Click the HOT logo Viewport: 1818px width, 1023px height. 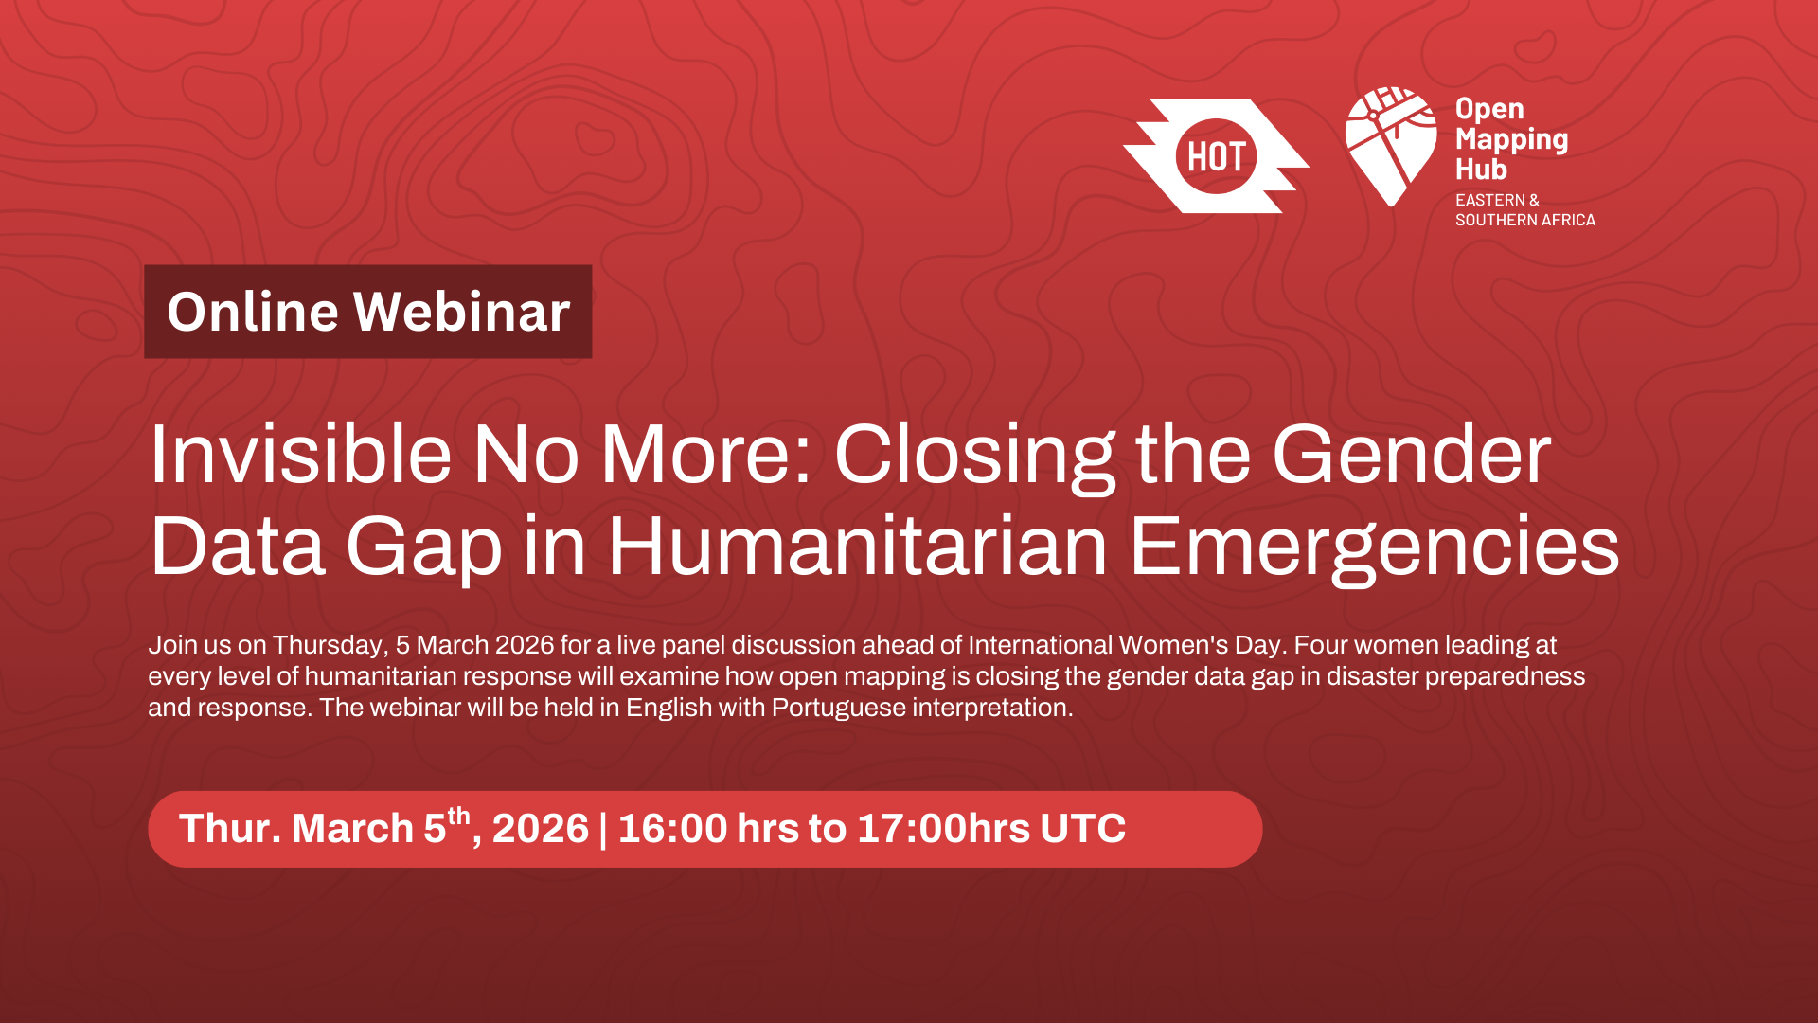[1216, 156]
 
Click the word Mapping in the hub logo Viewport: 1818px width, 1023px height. [1511, 140]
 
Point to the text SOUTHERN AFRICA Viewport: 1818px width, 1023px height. [1524, 220]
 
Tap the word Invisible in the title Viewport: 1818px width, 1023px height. [299, 455]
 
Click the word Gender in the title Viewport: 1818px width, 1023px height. [1411, 455]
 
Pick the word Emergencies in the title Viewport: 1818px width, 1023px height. [1374, 547]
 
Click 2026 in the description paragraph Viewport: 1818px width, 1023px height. [524, 645]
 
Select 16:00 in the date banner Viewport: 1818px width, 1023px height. [672, 829]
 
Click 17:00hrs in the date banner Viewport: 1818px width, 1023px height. [943, 829]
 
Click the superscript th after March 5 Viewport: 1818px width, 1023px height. [458, 816]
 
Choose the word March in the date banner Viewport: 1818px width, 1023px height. [352, 829]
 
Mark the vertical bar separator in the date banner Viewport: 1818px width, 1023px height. [603, 829]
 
